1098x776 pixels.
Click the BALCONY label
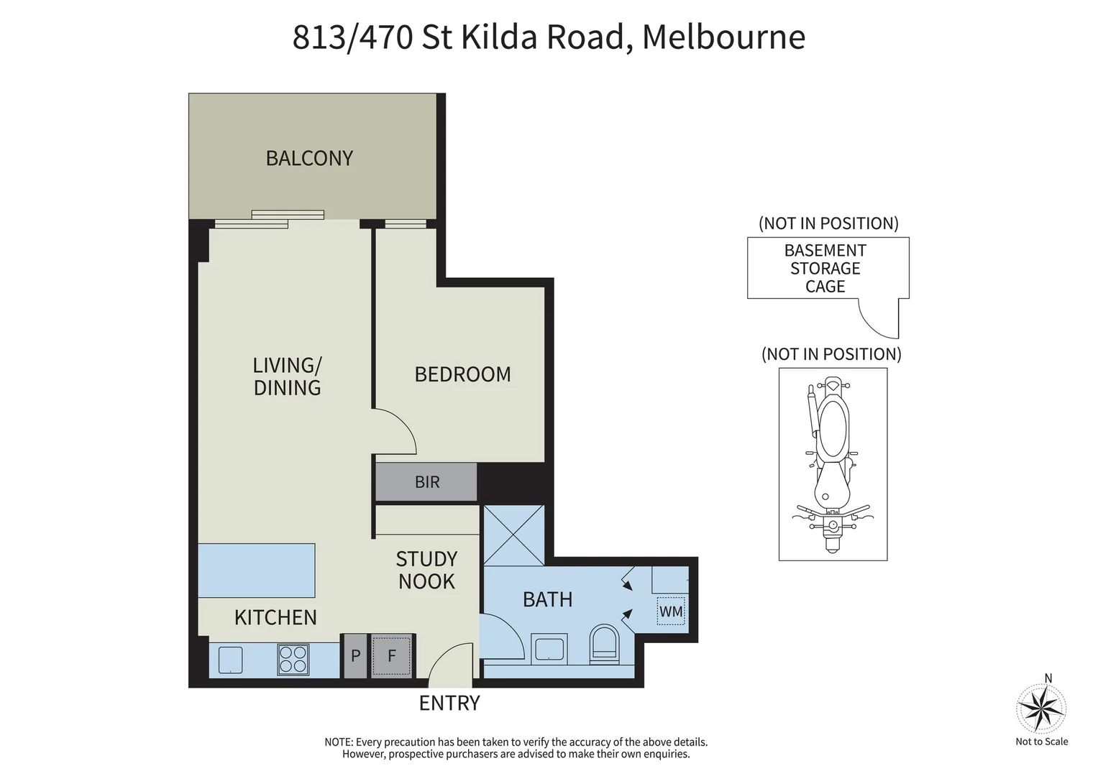click(x=309, y=158)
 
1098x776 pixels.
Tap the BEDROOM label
click(x=462, y=374)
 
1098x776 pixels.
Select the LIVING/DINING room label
click(x=287, y=377)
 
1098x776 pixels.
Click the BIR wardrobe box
click(x=426, y=482)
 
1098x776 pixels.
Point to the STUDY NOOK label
click(x=426, y=570)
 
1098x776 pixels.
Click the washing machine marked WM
click(x=671, y=611)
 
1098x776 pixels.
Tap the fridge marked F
click(x=392, y=655)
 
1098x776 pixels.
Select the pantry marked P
click(x=355, y=655)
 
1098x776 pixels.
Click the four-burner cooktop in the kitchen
click(x=293, y=660)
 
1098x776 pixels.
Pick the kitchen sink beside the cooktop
click(x=230, y=660)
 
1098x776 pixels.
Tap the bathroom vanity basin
click(x=549, y=648)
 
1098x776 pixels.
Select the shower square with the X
click(x=513, y=535)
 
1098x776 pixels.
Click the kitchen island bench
click(x=257, y=571)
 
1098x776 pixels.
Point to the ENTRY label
click(x=449, y=703)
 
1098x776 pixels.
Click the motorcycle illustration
click(x=833, y=463)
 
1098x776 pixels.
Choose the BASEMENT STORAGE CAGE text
click(x=825, y=268)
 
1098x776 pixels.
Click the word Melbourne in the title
click(x=723, y=37)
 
